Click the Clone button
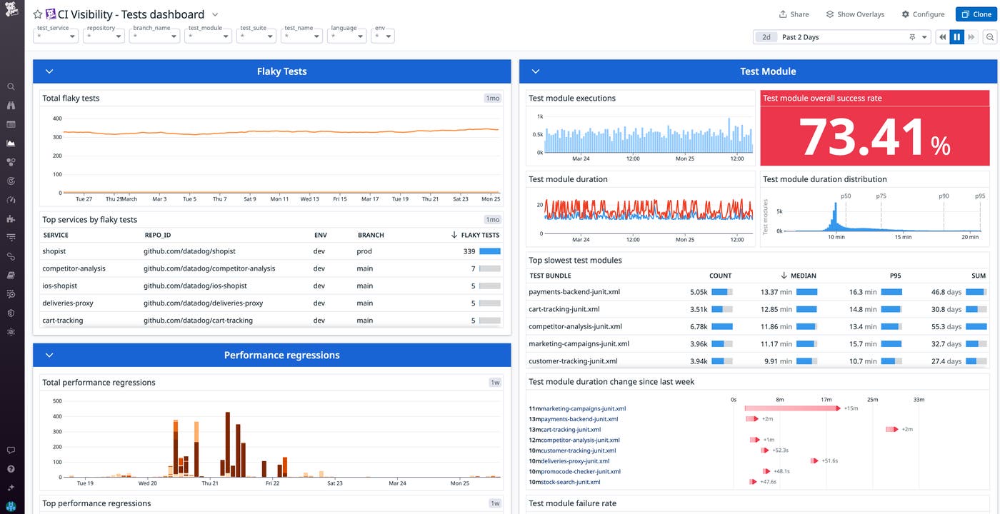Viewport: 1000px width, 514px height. (x=976, y=14)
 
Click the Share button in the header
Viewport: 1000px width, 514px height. (x=794, y=14)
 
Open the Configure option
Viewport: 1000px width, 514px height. (x=923, y=14)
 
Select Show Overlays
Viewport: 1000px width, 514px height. (x=855, y=14)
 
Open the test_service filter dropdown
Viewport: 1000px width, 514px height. (x=56, y=36)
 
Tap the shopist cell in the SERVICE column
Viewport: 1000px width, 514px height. (x=54, y=251)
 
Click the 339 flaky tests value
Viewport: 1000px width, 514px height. (x=469, y=251)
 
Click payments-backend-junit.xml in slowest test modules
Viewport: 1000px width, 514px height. (x=574, y=292)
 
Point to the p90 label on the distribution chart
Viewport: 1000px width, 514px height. (x=944, y=196)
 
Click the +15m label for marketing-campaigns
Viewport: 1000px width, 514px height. (x=851, y=408)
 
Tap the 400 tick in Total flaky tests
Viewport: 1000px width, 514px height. (x=57, y=119)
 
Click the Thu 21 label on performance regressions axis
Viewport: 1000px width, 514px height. (x=210, y=483)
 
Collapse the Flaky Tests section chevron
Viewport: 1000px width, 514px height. (x=49, y=71)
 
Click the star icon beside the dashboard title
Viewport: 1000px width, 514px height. (x=38, y=14)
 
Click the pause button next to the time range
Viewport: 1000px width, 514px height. (x=956, y=37)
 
